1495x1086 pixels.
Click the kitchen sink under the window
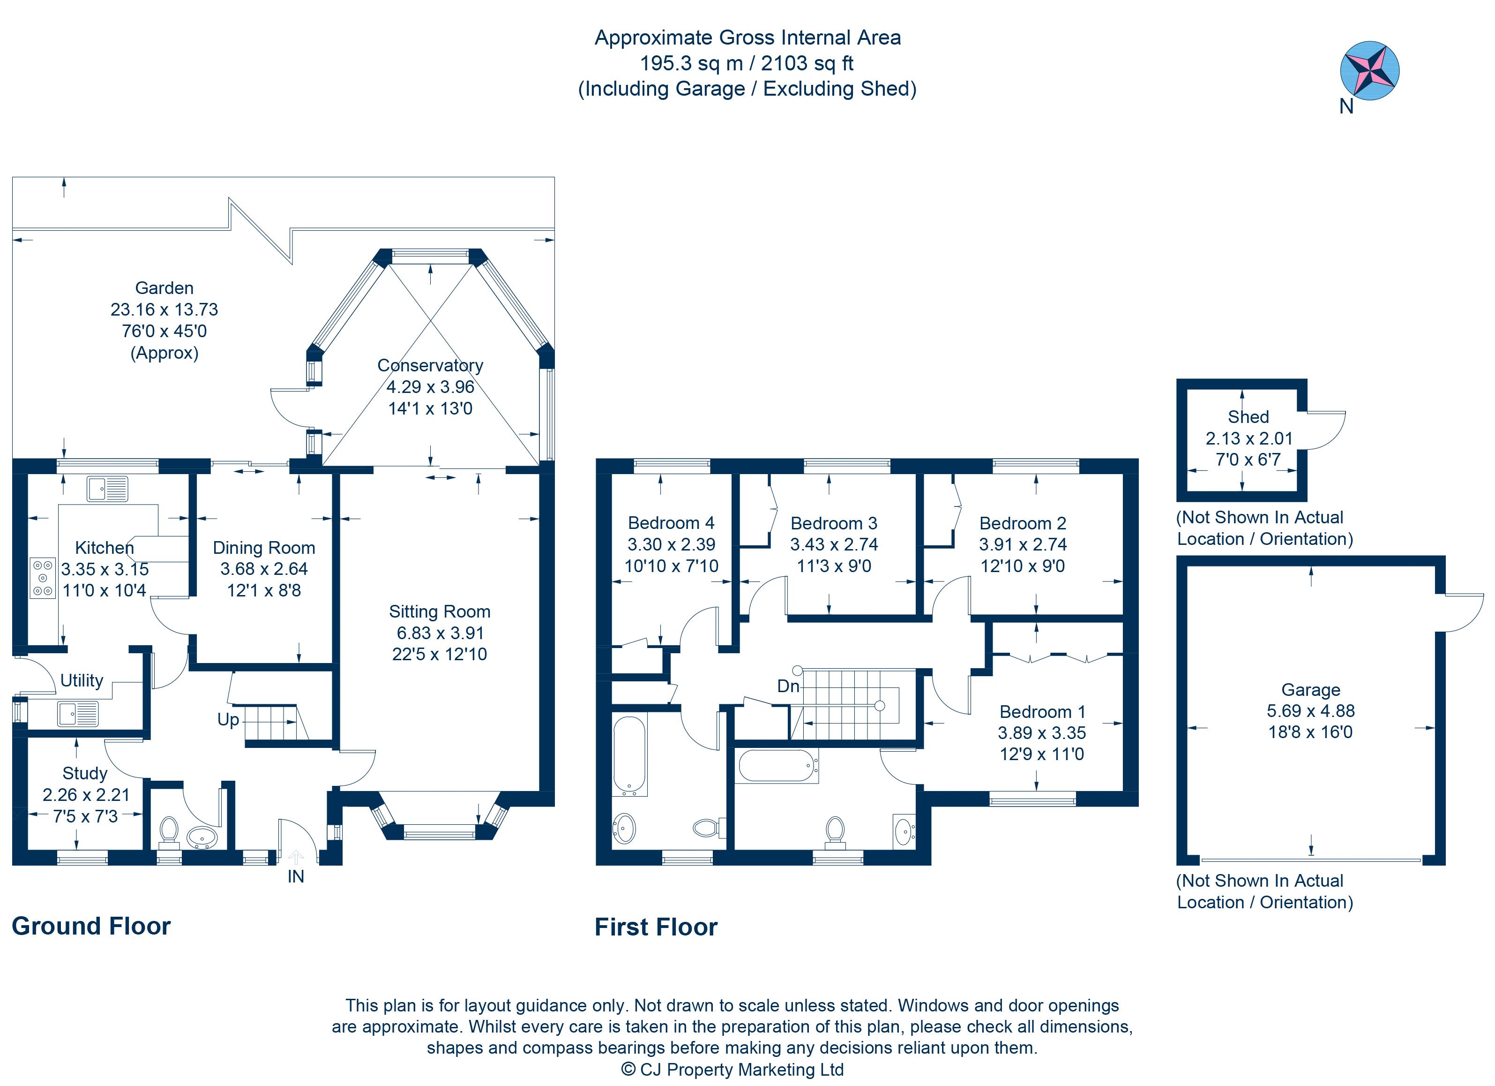tap(107, 489)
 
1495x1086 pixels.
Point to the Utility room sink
tap(78, 714)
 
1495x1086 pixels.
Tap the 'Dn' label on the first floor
tap(788, 686)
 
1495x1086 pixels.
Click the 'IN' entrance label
tap(295, 876)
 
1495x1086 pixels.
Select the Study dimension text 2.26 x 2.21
tap(86, 795)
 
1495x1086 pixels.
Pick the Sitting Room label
tap(440, 612)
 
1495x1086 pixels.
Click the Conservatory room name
tap(430, 365)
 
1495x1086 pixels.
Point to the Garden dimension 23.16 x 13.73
tap(164, 309)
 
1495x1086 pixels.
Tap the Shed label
tap(1248, 417)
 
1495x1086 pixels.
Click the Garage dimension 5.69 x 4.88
tap(1310, 711)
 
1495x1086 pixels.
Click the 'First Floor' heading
tap(656, 927)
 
